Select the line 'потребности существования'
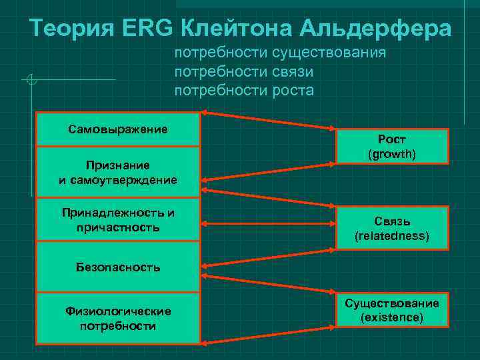[280, 53]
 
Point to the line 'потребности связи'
[243, 71]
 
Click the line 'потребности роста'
[243, 90]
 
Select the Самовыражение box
[118, 129]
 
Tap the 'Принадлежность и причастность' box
[118, 220]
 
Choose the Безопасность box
[118, 267]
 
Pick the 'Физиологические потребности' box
[118, 318]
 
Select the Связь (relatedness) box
[391, 229]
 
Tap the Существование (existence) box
[391, 311]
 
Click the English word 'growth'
[391, 154]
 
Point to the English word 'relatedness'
[391, 236]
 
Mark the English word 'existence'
[391, 318]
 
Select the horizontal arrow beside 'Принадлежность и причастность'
[267, 220]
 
